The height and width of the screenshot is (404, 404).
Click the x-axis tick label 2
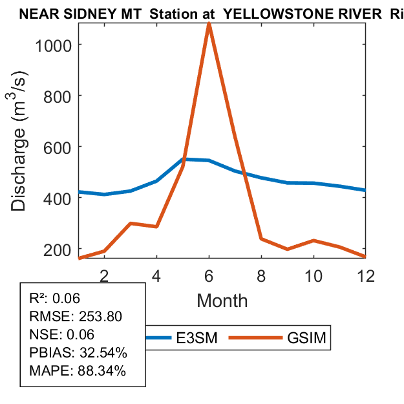(x=105, y=275)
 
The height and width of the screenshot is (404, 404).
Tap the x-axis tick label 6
(x=209, y=275)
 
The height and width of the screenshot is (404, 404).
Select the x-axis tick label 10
(x=314, y=275)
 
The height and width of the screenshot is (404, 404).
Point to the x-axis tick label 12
(x=366, y=275)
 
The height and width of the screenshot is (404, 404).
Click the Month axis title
(x=222, y=300)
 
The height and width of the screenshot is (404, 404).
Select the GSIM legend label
(x=306, y=337)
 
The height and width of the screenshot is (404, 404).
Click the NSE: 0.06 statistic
(x=62, y=334)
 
